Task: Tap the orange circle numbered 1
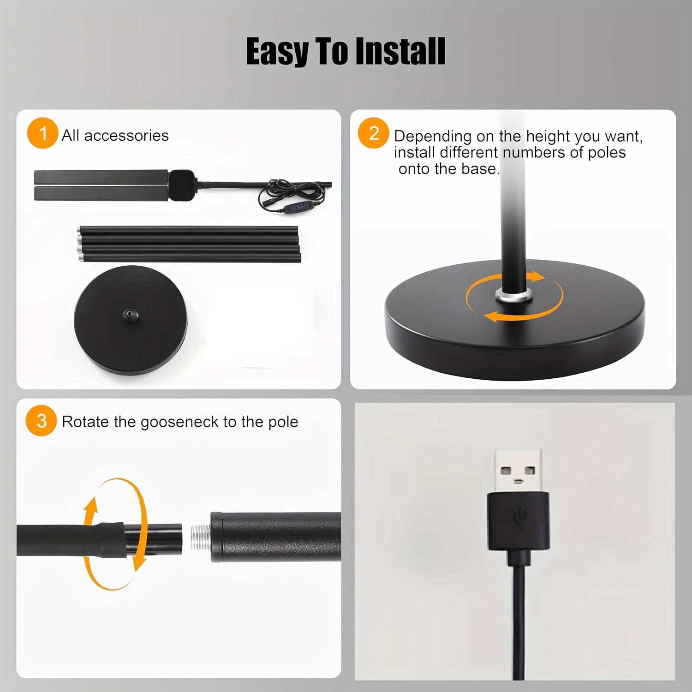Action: click(42, 134)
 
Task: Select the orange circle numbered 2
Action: click(374, 133)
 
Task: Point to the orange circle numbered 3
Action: click(41, 421)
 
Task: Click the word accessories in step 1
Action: click(126, 136)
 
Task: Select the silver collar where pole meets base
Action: click(513, 295)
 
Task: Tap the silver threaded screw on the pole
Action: click(201, 537)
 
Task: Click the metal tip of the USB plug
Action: click(518, 471)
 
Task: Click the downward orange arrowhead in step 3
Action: click(140, 563)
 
